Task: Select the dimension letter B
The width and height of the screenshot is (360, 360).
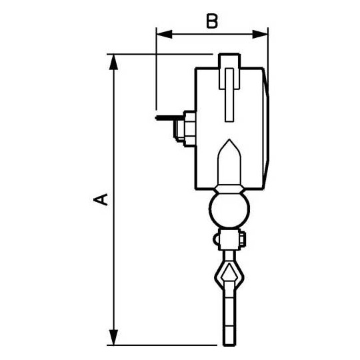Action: [211, 21]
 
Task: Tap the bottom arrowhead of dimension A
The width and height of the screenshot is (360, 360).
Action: [114, 339]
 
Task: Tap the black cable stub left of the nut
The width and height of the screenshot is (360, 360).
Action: [163, 119]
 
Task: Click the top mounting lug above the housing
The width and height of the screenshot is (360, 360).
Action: [227, 61]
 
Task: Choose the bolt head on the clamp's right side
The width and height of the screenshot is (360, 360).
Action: [244, 238]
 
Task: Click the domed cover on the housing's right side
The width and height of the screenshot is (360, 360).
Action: [269, 127]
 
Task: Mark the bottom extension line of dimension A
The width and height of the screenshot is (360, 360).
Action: [167, 345]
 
